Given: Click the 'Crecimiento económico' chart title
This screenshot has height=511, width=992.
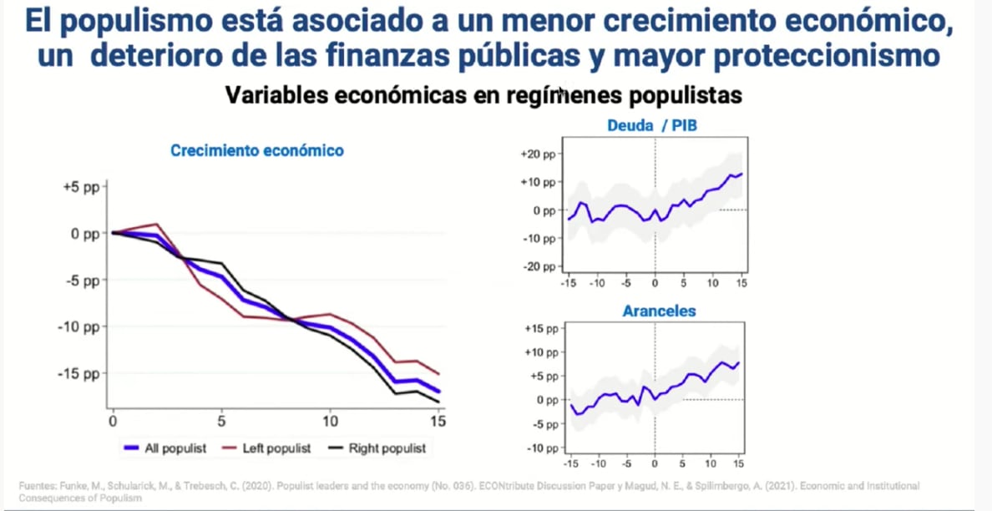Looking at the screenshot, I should (257, 151).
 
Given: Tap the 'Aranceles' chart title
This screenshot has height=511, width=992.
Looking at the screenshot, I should (659, 311).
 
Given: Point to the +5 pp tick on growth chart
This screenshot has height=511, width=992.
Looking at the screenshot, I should (81, 188).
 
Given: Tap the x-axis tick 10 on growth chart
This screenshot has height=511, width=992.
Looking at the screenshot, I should (331, 421).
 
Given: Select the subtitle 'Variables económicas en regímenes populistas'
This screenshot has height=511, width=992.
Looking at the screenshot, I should (483, 95).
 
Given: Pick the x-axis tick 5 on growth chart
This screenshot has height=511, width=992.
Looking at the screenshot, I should (221, 421).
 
